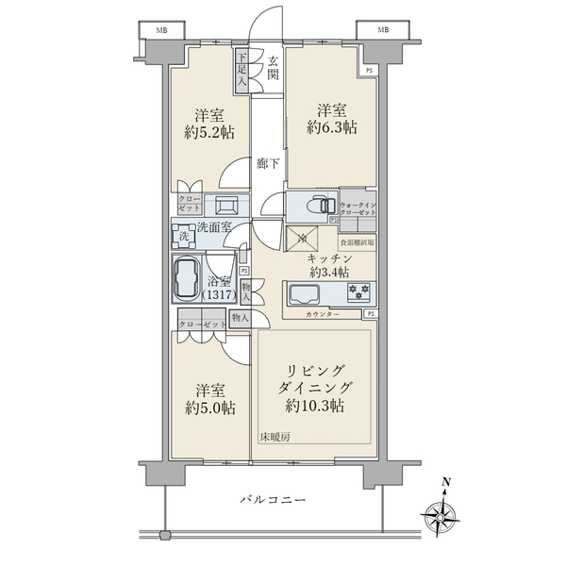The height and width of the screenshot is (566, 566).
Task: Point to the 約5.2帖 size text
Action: click(x=208, y=133)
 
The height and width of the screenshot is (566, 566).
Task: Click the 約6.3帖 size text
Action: click(x=336, y=126)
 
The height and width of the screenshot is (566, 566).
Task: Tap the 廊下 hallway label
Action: click(x=268, y=164)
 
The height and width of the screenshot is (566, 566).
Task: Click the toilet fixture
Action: click(x=317, y=205)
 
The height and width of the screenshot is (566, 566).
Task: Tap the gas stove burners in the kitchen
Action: click(x=359, y=291)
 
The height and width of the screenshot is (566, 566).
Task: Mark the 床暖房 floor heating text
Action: click(x=276, y=436)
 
